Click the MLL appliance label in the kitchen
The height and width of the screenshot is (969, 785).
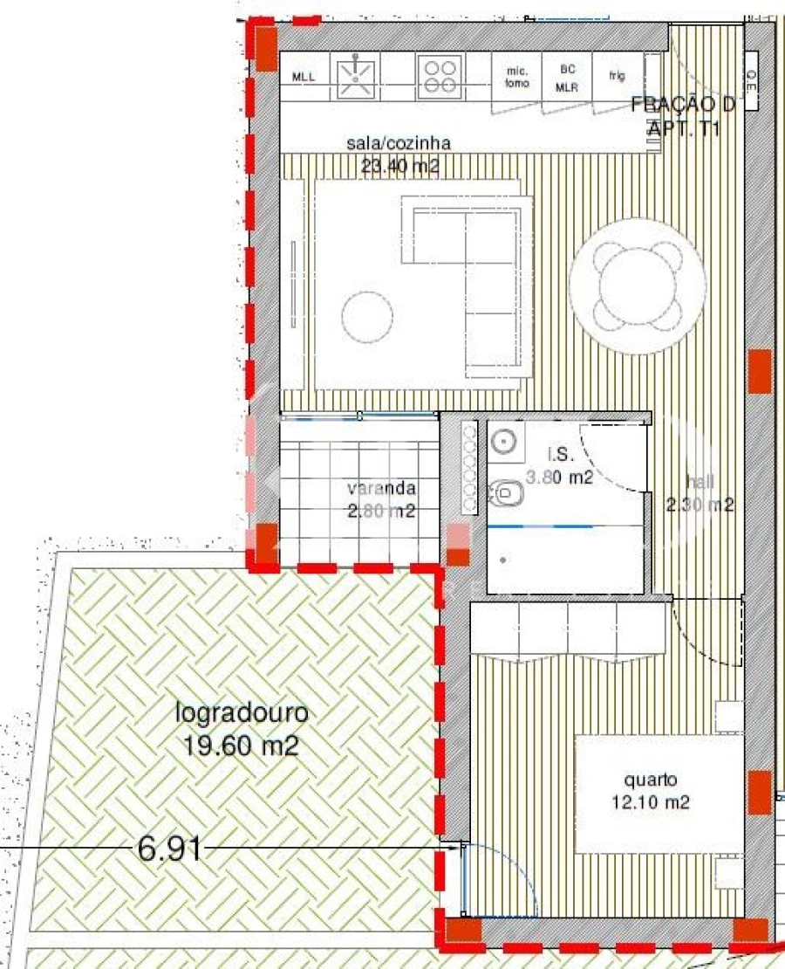[x=304, y=77]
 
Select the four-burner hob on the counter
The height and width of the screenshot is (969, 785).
[x=439, y=75]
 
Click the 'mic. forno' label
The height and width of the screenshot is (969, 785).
[x=516, y=78]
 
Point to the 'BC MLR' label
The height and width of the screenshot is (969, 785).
[x=567, y=78]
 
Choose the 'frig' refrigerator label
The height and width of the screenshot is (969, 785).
[x=617, y=76]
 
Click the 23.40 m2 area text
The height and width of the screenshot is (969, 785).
[x=399, y=165]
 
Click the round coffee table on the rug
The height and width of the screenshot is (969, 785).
[x=367, y=316]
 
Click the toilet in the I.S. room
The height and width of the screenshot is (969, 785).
[x=505, y=496]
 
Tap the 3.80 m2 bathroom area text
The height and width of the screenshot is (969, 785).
[x=559, y=478]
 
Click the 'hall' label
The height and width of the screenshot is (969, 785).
[x=699, y=480]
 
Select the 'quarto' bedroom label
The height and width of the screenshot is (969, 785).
[x=650, y=780]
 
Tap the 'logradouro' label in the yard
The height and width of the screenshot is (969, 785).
[x=242, y=712]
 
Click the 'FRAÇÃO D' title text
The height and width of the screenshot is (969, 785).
[x=683, y=105]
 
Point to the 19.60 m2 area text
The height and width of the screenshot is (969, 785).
[x=242, y=746]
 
